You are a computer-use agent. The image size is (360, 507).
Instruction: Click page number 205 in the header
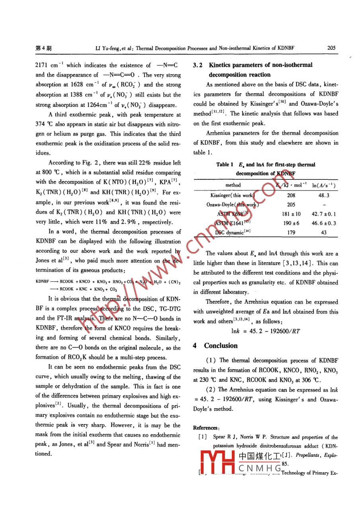(x=331, y=48)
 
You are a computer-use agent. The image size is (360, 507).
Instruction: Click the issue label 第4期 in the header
(x=43, y=49)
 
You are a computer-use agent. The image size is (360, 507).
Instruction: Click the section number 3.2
(x=198, y=65)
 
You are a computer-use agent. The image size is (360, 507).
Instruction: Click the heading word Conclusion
(x=221, y=346)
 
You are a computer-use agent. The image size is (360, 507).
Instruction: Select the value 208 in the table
(x=291, y=195)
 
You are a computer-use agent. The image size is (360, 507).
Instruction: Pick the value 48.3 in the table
(x=323, y=195)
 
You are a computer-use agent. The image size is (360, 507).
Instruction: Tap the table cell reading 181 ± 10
(x=291, y=214)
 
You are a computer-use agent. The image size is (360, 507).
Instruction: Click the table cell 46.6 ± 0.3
(x=323, y=223)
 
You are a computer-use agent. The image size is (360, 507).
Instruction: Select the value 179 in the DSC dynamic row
(x=291, y=232)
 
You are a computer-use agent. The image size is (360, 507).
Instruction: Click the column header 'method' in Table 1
(x=233, y=185)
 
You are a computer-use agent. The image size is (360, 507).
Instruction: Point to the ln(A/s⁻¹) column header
(x=323, y=185)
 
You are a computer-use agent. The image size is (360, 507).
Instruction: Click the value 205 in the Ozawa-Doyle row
(x=291, y=204)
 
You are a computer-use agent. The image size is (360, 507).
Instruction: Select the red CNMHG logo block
(x=217, y=464)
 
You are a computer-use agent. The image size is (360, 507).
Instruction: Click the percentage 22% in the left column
(x=135, y=163)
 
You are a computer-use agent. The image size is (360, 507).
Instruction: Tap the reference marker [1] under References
(x=202, y=437)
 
